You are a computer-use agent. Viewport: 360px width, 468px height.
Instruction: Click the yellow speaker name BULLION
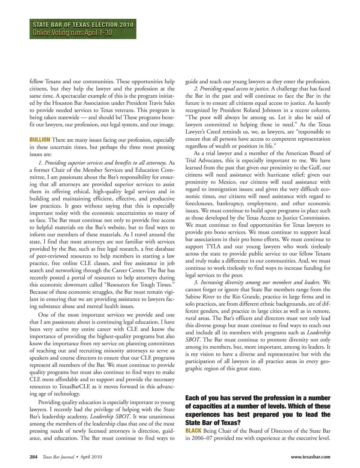tap(40, 140)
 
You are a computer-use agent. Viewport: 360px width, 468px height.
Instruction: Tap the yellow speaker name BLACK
tap(194, 431)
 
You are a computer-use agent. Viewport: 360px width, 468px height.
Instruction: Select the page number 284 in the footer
tap(33, 457)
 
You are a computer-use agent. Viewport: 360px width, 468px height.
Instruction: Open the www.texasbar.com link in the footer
tap(310, 457)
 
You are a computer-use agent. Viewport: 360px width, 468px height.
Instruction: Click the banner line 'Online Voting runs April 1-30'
tap(72, 33)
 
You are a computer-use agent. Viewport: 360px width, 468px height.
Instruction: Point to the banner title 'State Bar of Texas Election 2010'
tap(83, 25)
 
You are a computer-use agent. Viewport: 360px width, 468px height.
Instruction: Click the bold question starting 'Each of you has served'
tap(258, 410)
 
